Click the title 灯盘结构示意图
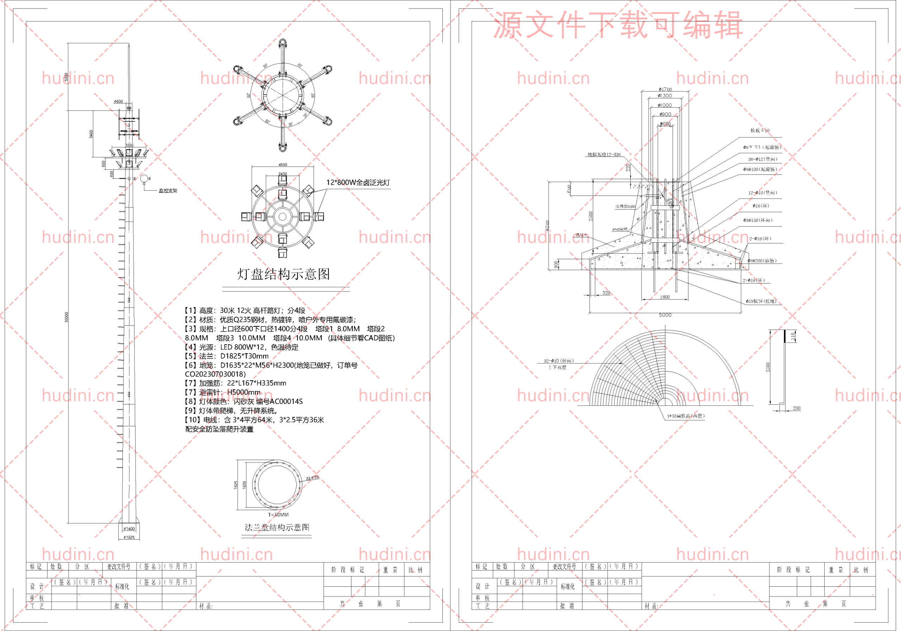[283, 274]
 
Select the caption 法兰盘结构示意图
[277, 527]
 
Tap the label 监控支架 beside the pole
[168, 191]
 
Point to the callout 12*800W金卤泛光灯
[358, 182]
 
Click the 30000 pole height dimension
[66, 317]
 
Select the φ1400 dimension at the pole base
[129, 529]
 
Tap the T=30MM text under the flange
[278, 515]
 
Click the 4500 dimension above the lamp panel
[283, 165]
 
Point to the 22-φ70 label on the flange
[313, 478]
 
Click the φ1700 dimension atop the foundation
[665, 89]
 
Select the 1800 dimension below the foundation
[665, 297]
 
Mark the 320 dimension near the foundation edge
[606, 293]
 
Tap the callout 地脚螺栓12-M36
[604, 154]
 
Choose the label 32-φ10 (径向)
[559, 361]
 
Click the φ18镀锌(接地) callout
[761, 301]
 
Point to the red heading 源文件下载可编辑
[618, 25]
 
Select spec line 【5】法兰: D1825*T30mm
[227, 356]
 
